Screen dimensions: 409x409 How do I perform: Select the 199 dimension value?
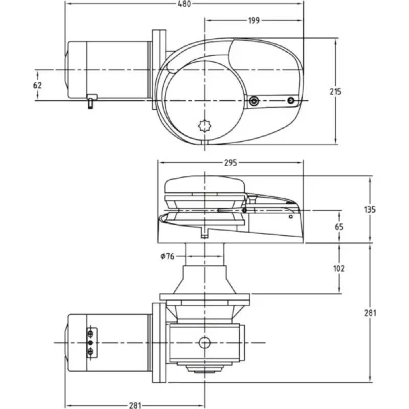click(254, 20)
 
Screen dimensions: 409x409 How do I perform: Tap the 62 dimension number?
click(37, 85)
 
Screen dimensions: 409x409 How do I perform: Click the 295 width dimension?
click(231, 163)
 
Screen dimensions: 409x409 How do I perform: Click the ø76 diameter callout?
click(167, 256)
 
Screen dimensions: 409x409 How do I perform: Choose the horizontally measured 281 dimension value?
click(134, 405)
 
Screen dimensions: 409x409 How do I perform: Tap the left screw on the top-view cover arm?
click(254, 102)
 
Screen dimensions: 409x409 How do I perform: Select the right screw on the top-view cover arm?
click(291, 100)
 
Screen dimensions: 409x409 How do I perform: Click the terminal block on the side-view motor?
click(91, 342)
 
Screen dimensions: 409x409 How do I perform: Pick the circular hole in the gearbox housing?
click(205, 342)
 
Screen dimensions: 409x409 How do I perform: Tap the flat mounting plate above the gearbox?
click(204, 297)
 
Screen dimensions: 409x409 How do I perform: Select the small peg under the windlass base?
click(204, 235)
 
